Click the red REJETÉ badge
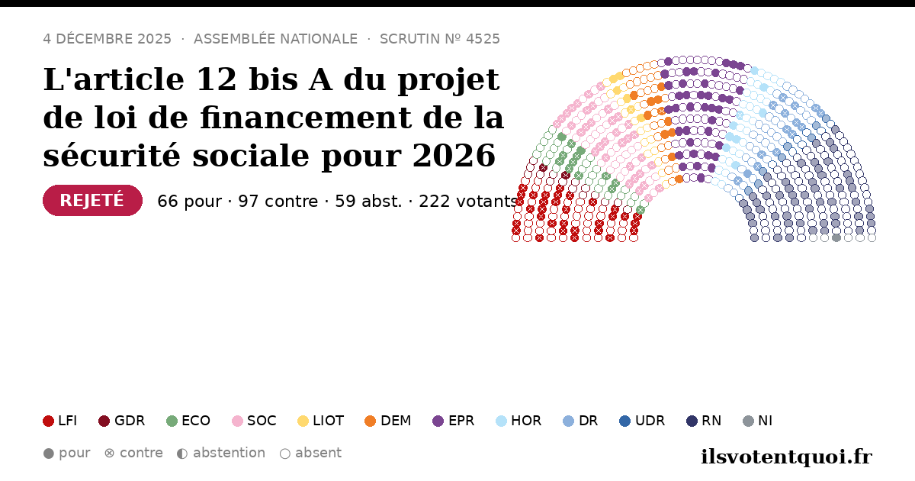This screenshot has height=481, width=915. [92, 200]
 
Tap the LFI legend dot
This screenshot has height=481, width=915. [48, 421]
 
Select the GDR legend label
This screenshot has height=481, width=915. [130, 421]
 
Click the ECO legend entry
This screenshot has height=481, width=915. [188, 421]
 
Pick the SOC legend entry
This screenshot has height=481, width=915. [254, 421]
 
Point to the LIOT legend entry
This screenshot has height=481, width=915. [321, 421]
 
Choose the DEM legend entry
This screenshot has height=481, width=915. [387, 421]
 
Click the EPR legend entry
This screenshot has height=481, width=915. [454, 421]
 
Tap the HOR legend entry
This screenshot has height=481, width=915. [518, 421]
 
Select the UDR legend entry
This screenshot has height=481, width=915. [642, 421]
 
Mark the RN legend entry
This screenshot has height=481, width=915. [704, 421]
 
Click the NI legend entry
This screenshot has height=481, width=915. [757, 421]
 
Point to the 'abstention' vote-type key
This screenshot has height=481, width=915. [221, 453]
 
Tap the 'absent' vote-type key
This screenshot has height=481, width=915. [310, 453]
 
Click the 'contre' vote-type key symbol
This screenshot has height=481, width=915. [109, 454]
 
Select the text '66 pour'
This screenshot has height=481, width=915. [190, 202]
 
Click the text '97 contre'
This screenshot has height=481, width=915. [278, 202]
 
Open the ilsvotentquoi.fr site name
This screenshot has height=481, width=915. [786, 457]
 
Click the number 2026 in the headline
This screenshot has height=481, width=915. [454, 156]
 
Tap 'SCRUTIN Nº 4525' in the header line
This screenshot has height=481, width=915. [439, 39]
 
